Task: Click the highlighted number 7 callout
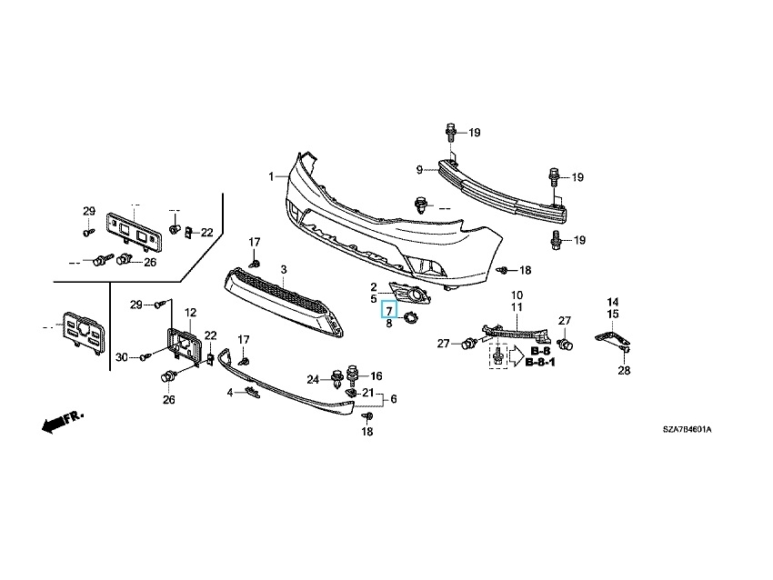coord(388,310)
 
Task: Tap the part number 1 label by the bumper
coord(270,175)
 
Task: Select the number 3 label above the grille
coord(283,270)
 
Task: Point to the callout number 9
coord(420,169)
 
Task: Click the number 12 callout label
coord(191,313)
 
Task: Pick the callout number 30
coord(120,356)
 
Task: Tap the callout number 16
coord(376,375)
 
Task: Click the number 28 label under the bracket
coord(624,370)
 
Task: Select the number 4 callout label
coord(231,392)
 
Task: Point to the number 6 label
coord(393,399)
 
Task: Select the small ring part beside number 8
coord(410,318)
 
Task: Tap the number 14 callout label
coord(613,302)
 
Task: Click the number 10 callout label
coord(516,295)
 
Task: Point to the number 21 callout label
coord(367,393)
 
